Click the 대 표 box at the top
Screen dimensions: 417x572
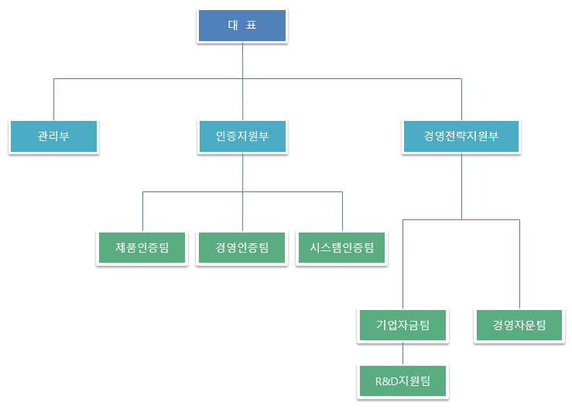click(242, 26)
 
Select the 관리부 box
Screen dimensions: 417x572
click(53, 136)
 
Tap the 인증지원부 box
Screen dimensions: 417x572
click(242, 136)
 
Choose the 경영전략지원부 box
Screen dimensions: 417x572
click(461, 136)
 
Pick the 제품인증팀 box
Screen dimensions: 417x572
click(142, 248)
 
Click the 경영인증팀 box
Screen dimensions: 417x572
click(242, 248)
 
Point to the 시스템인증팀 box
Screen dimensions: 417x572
click(341, 248)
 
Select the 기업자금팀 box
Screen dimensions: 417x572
click(402, 325)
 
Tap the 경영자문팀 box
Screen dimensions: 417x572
click(519, 325)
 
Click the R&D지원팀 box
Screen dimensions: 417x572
click(402, 381)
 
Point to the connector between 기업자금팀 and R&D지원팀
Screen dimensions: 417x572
click(402, 353)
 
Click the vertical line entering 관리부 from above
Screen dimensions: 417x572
click(53, 99)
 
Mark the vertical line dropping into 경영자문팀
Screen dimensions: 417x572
click(519, 264)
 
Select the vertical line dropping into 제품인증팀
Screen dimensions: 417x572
click(142, 211)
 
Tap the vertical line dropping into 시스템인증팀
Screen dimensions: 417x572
click(342, 211)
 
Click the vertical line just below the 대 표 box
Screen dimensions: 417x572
click(242, 60)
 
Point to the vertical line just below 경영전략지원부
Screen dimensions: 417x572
click(461, 186)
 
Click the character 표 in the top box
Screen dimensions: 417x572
click(251, 26)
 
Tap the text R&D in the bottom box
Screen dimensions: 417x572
click(384, 381)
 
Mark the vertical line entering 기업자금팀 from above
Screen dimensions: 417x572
click(402, 264)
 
